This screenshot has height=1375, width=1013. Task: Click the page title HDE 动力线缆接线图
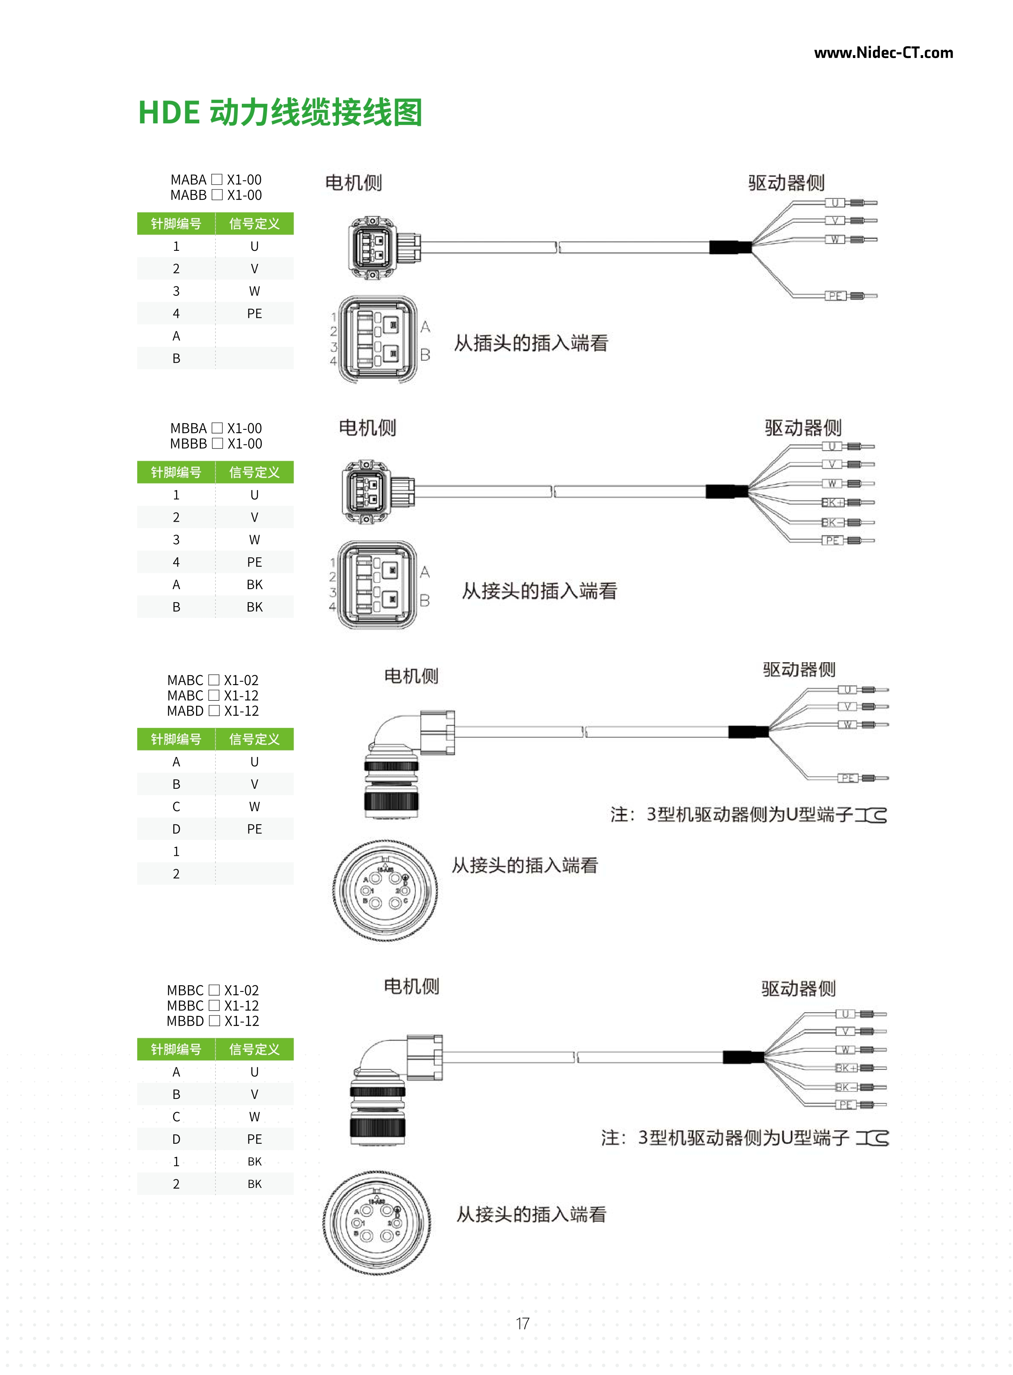point(280,113)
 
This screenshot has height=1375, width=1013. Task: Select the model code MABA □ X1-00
point(216,180)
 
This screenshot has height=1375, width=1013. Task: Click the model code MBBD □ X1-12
point(213,1021)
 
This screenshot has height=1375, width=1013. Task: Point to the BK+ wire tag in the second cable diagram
point(832,503)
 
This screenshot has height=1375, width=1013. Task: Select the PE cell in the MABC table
point(254,829)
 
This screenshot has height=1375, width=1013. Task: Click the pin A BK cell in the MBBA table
point(254,585)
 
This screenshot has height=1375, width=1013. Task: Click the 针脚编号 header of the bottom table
point(176,1049)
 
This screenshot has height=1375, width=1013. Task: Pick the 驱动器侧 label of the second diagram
point(803,427)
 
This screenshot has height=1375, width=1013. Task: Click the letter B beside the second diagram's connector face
point(424,600)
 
